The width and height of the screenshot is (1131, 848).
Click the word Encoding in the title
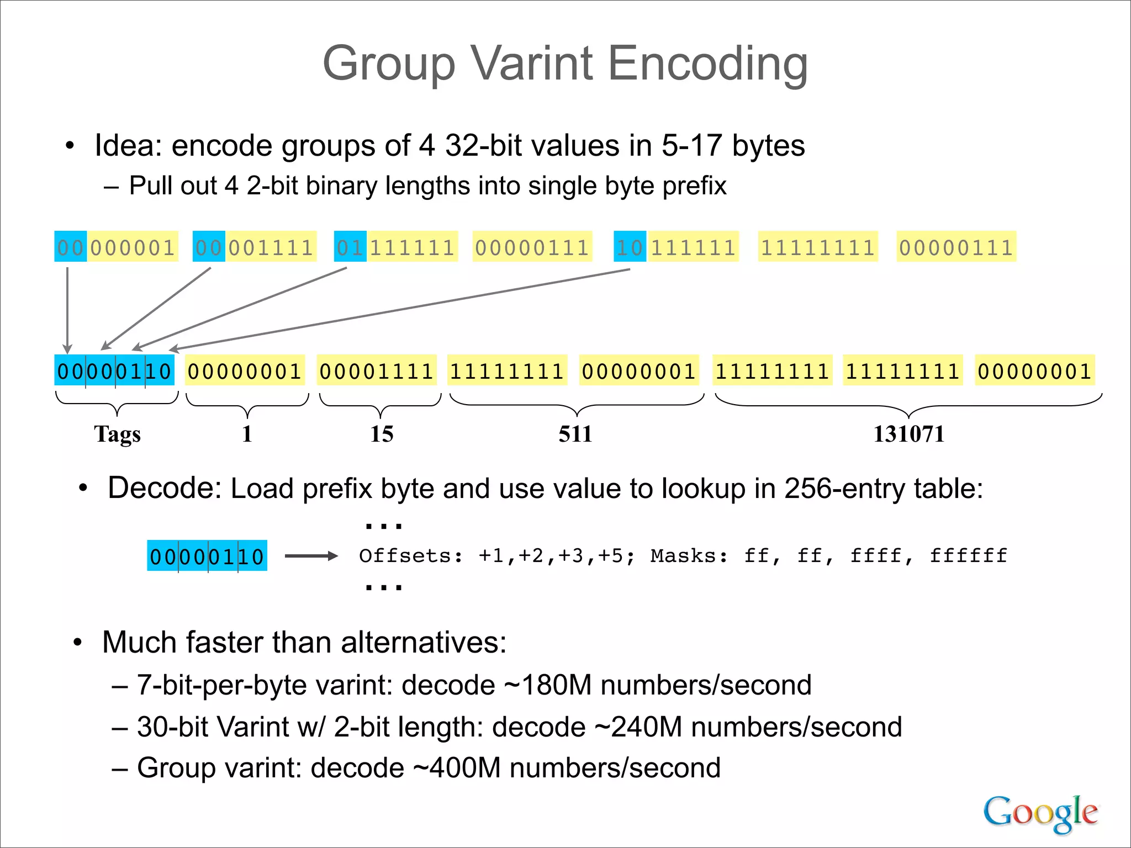(x=708, y=64)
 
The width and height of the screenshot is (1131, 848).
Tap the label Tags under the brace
(x=117, y=434)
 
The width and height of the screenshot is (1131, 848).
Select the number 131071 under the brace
(x=908, y=434)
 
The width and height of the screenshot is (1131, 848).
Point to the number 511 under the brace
(x=575, y=434)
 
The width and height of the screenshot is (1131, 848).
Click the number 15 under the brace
(x=382, y=434)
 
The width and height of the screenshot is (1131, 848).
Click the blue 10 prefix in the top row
(x=630, y=247)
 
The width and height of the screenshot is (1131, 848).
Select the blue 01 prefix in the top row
(x=350, y=247)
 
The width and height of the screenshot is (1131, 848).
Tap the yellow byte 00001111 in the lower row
(x=377, y=371)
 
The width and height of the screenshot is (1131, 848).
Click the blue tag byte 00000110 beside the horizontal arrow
(x=207, y=556)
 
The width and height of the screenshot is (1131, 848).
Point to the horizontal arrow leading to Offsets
(x=311, y=556)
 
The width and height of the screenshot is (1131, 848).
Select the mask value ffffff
(x=968, y=556)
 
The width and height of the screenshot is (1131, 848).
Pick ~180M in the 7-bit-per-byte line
(x=548, y=685)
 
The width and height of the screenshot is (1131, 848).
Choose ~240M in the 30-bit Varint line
(x=638, y=727)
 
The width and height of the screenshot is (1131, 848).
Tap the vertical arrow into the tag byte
(x=67, y=309)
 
